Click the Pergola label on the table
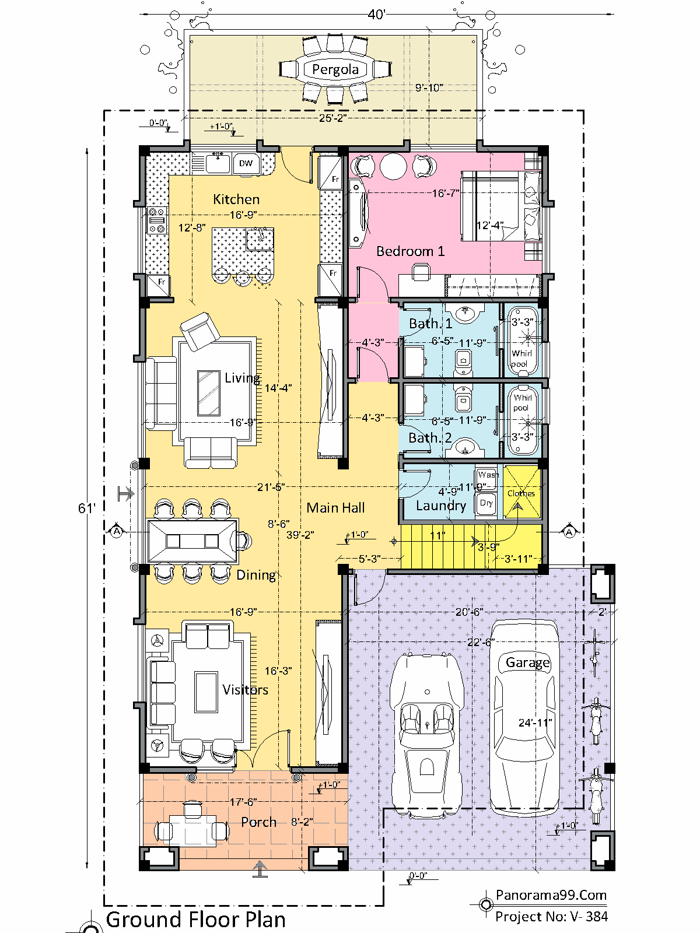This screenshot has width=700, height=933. [335, 70]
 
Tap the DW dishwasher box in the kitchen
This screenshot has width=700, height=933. [246, 163]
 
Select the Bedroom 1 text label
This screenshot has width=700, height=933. [410, 251]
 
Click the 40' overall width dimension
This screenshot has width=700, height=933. [377, 15]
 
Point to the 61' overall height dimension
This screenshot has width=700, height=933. [86, 508]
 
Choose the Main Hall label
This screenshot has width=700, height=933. [335, 508]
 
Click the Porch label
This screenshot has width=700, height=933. [259, 822]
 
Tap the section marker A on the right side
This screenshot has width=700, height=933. [569, 532]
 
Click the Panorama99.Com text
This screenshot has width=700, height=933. [551, 895]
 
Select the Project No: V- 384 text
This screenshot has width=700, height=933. [551, 917]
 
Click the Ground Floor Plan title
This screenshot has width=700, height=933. [195, 920]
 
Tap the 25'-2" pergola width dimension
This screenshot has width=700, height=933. [332, 118]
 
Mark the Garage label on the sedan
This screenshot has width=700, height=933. [527, 662]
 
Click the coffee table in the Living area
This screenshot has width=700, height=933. [209, 392]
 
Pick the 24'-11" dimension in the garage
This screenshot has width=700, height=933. [535, 723]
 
